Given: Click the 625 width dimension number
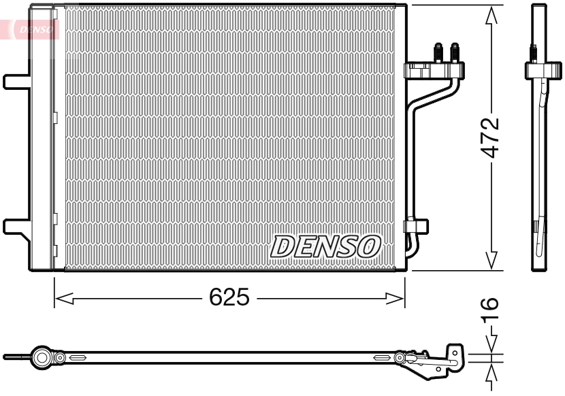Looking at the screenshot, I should click(x=229, y=297).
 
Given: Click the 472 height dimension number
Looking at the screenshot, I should click(x=490, y=138).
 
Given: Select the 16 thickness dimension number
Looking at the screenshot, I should click(x=490, y=310).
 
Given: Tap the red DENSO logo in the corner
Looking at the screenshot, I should click(x=31, y=29).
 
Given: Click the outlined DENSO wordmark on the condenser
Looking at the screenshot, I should click(x=325, y=246).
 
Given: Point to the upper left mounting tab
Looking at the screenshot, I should click(x=16, y=80).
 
